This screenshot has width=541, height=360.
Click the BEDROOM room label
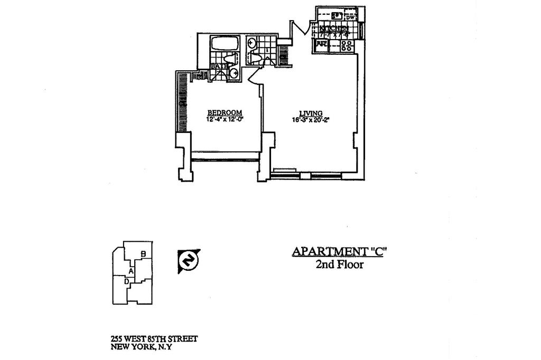pos(225,112)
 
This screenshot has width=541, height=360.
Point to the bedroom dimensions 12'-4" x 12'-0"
pos(225,119)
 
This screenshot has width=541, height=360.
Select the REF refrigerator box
pos(321,44)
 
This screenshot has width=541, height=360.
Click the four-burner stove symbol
pos(347,45)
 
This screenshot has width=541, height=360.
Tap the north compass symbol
pos(188,260)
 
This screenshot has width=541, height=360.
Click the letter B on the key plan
pos(143,254)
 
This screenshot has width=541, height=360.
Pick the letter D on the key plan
pos(127,282)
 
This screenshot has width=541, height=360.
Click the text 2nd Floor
pos(339,264)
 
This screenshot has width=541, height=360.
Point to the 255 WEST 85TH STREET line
pos(154,339)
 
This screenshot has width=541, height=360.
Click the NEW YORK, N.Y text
pos(142,347)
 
